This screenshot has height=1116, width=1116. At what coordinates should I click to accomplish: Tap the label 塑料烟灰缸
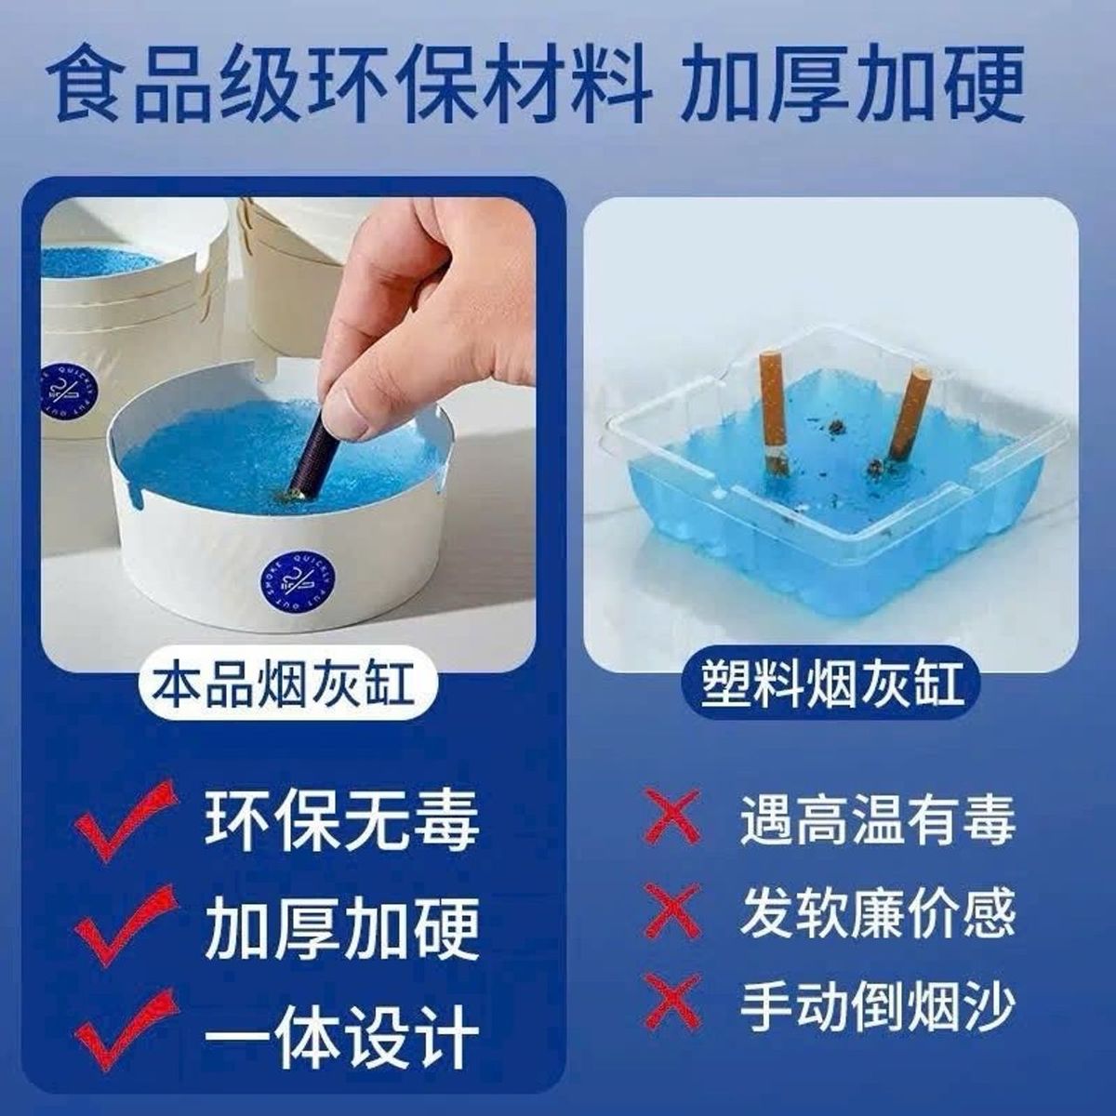[x=831, y=687]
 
